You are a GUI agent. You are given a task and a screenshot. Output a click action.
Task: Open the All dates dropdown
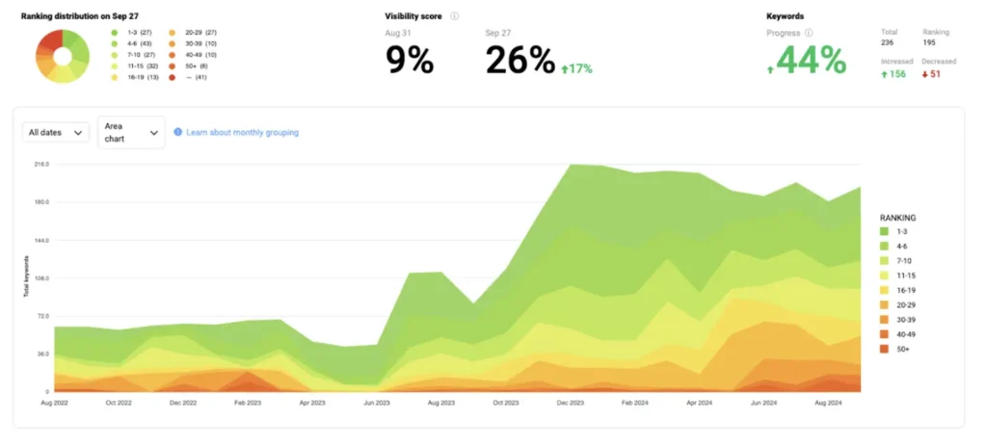point(56,133)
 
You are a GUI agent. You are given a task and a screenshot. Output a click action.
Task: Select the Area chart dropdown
point(131,133)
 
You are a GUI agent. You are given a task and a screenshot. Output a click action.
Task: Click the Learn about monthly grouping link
point(241,133)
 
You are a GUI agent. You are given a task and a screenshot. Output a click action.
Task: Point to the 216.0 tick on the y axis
point(40,165)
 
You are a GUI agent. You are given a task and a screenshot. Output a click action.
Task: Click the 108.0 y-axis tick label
point(40,278)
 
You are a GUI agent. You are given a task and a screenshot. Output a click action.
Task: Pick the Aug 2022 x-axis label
point(54,402)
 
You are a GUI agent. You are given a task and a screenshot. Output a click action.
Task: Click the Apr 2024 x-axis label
point(700,402)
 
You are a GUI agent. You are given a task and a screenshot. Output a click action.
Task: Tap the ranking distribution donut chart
point(63,56)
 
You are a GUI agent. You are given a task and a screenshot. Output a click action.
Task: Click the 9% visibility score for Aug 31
point(410,61)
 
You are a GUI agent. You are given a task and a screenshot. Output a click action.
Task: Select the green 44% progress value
point(812,61)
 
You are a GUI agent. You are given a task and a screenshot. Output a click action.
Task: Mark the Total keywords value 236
point(888,42)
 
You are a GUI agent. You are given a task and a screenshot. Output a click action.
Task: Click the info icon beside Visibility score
point(454,16)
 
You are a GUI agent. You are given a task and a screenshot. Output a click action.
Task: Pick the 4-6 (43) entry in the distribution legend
point(133,43)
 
